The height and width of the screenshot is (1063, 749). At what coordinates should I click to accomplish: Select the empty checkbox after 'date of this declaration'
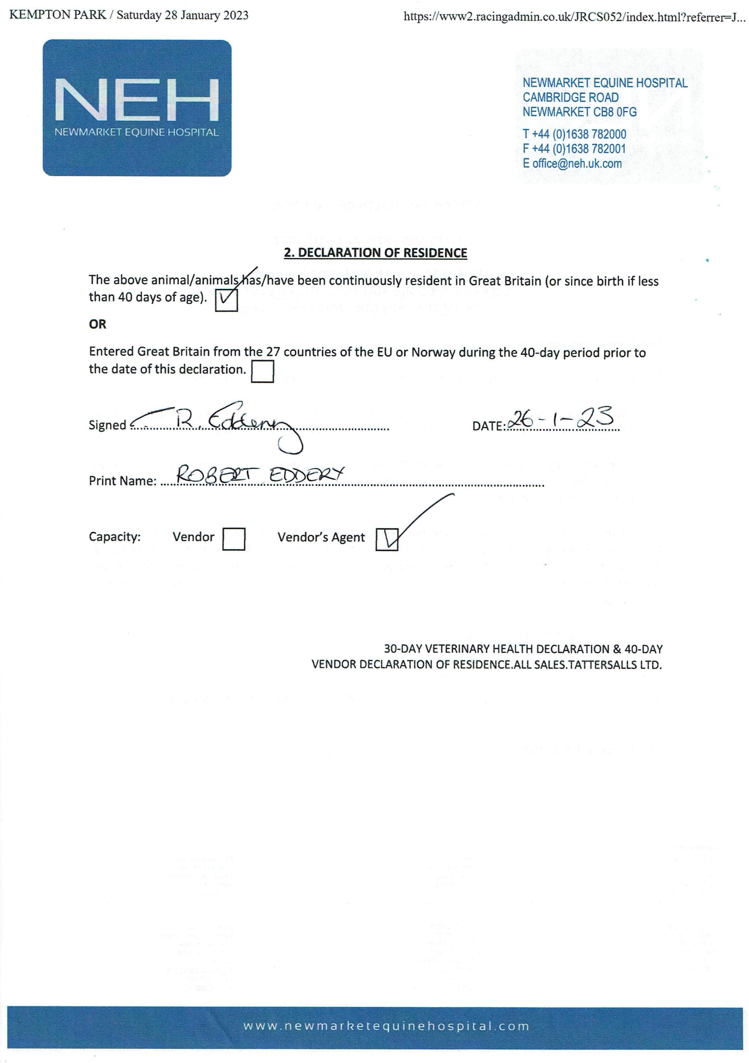point(262,371)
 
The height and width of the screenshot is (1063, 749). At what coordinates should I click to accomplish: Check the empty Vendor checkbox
point(234,539)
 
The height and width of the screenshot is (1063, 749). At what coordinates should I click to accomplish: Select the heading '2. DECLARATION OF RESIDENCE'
point(375,253)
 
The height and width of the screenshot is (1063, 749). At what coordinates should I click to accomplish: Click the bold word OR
point(97,324)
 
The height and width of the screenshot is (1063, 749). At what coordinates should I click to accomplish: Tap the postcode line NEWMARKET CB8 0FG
point(580,112)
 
